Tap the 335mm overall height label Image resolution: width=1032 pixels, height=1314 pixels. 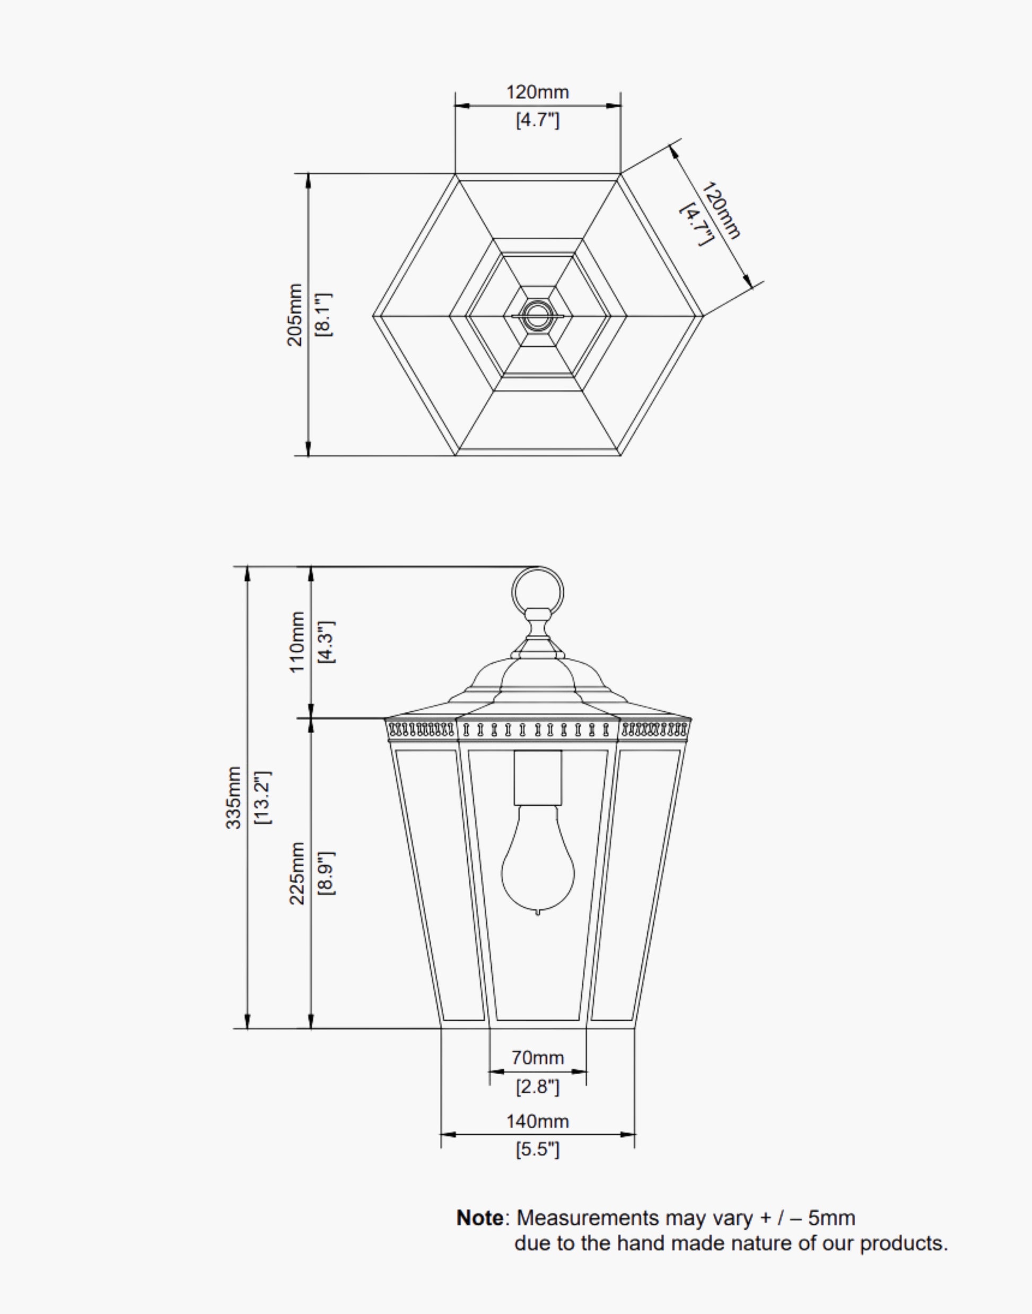(234, 798)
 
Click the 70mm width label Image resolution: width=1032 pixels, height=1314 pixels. (537, 1058)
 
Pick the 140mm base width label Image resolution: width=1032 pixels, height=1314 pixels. (537, 1121)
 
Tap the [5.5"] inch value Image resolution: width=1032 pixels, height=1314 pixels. (537, 1149)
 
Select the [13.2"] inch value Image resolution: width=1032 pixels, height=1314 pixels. (264, 798)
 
